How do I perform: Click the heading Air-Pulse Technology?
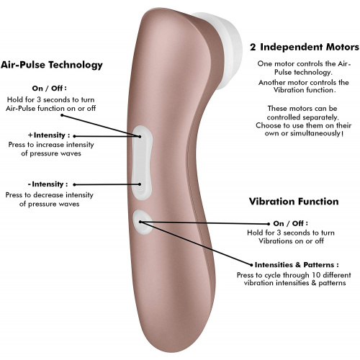[x=52, y=65]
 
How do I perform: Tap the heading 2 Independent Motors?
[x=305, y=47]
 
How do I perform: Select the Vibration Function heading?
[x=294, y=202]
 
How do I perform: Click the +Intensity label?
[x=49, y=135]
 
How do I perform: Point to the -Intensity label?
[x=48, y=184]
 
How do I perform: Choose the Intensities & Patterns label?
[x=297, y=265]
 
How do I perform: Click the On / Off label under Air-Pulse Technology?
[x=49, y=88]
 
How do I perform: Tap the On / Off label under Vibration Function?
[x=291, y=223]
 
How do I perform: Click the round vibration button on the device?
[x=143, y=222]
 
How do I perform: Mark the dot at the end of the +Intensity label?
[x=74, y=136]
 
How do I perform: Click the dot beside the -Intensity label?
[x=74, y=184]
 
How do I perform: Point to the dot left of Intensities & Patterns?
[x=251, y=265]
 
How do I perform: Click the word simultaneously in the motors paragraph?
[x=315, y=133]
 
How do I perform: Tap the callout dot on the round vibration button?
[x=140, y=222]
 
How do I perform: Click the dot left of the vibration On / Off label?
[x=269, y=224]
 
